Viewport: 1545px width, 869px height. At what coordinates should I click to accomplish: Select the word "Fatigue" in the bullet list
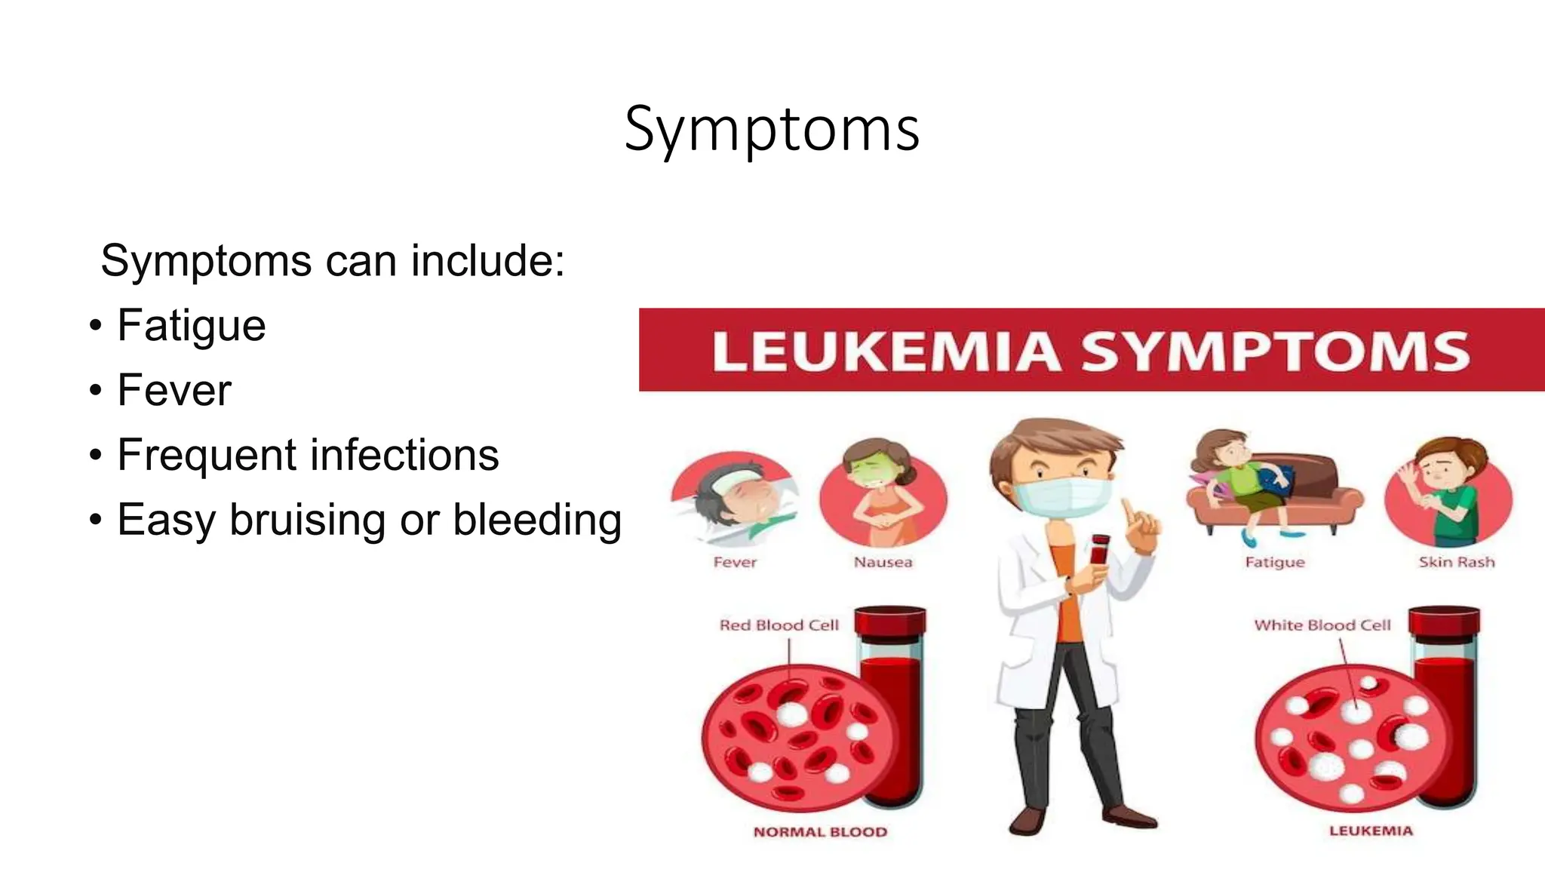point(192,326)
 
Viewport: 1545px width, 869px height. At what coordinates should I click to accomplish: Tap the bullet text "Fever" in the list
point(174,391)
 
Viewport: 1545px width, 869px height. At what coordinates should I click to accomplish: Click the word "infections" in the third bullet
point(404,455)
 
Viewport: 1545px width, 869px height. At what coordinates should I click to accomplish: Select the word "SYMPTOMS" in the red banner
point(1275,352)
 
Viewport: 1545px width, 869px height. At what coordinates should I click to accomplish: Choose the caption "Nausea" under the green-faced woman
point(883,562)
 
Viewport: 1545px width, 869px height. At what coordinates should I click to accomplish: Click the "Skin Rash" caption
point(1456,562)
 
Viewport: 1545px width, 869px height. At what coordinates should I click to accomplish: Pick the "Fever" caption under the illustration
point(735,562)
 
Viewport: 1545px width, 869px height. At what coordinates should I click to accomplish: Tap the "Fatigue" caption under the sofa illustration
point(1275,562)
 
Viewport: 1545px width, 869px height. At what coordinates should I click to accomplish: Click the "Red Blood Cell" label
point(779,625)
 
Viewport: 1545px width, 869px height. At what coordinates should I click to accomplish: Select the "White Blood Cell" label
point(1322,625)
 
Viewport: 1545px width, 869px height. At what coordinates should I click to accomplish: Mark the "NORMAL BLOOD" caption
point(820,832)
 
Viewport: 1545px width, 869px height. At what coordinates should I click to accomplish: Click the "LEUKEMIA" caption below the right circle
point(1371,831)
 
